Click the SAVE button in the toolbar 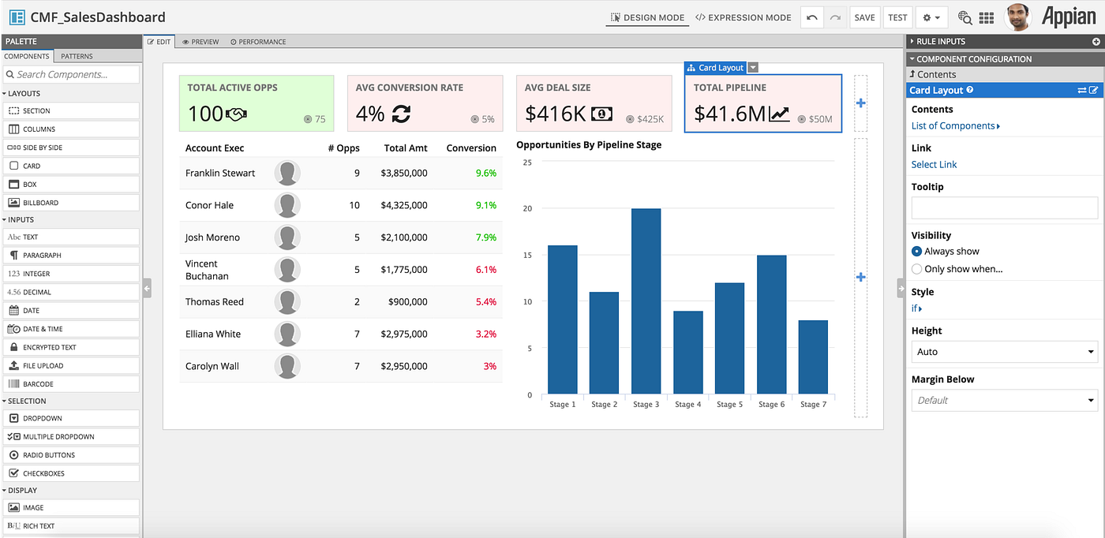pyautogui.click(x=864, y=18)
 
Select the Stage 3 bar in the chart pyautogui.click(x=646, y=301)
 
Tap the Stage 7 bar pyautogui.click(x=813, y=357)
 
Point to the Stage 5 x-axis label pyautogui.click(x=729, y=405)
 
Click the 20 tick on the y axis pyautogui.click(x=527, y=208)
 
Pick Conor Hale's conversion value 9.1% pyautogui.click(x=486, y=205)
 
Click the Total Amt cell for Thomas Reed pyautogui.click(x=407, y=302)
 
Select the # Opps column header pyautogui.click(x=344, y=148)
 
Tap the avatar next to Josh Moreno pyautogui.click(x=287, y=237)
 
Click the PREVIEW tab pyautogui.click(x=200, y=42)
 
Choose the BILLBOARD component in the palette pyautogui.click(x=71, y=203)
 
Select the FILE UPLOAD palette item pyautogui.click(x=71, y=365)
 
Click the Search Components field pyautogui.click(x=71, y=74)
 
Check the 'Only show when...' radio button pyautogui.click(x=916, y=269)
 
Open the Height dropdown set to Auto pyautogui.click(x=1004, y=352)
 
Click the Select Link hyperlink pyautogui.click(x=934, y=165)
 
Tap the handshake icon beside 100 pyautogui.click(x=236, y=114)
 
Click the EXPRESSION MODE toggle pyautogui.click(x=744, y=18)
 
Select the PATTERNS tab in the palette pyautogui.click(x=77, y=56)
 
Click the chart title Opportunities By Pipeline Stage pyautogui.click(x=589, y=145)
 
